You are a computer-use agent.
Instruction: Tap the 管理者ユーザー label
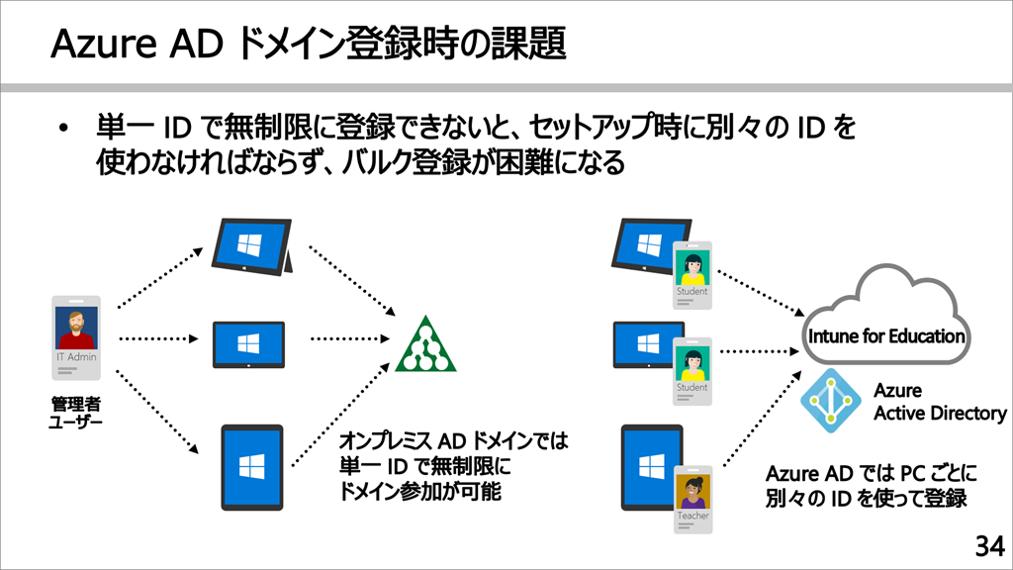click(76, 414)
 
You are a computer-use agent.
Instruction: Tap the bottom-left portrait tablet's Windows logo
click(250, 467)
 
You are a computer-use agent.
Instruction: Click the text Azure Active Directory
click(939, 403)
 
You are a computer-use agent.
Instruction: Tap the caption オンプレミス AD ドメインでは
click(454, 439)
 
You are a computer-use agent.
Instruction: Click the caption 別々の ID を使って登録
click(866, 498)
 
